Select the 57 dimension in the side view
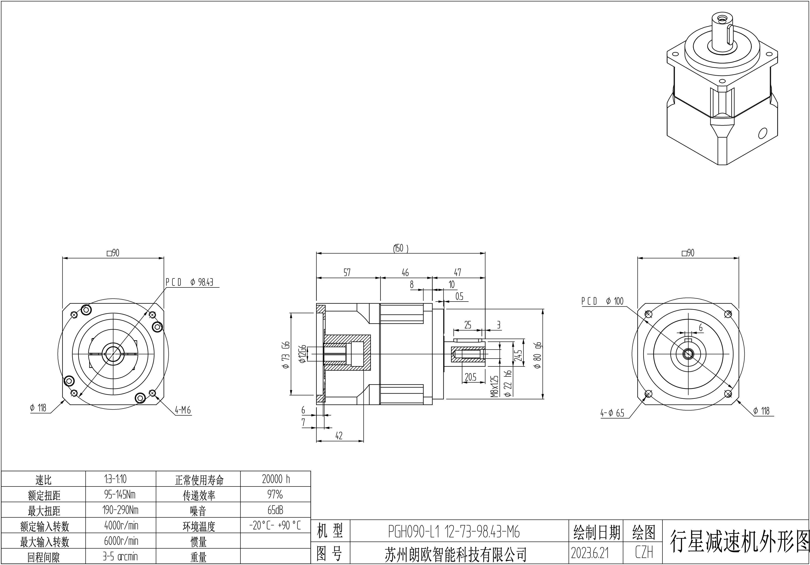click(347, 272)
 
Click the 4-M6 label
click(183, 410)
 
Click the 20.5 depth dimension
click(470, 377)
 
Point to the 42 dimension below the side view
click(339, 436)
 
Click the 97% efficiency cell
click(275, 495)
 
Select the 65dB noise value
click(275, 510)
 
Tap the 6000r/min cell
click(121, 541)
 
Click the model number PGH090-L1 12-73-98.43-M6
click(454, 532)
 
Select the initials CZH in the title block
click(644, 552)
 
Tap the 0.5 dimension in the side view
click(459, 296)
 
